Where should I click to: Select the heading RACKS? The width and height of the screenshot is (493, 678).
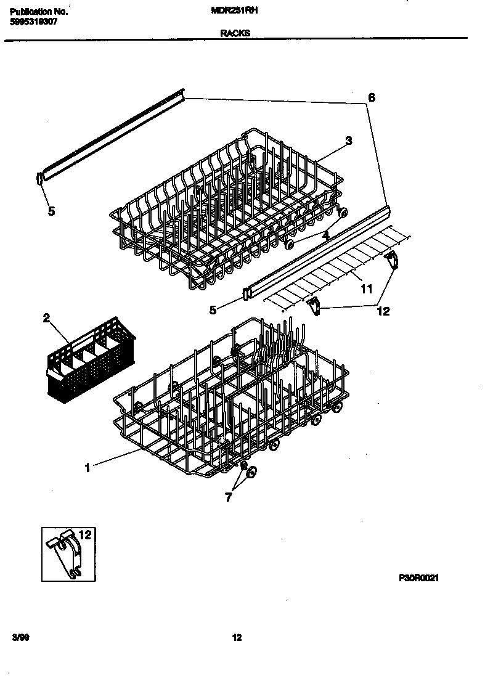pyautogui.click(x=235, y=34)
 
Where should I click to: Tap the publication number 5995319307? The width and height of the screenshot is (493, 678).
pyautogui.click(x=34, y=20)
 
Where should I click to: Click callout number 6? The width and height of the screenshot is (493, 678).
pyautogui.click(x=371, y=97)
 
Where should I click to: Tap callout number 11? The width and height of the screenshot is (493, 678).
pyautogui.click(x=367, y=288)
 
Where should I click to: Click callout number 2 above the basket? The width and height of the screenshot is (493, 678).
pyautogui.click(x=46, y=318)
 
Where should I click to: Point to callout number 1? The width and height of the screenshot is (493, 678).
pyautogui.click(x=88, y=468)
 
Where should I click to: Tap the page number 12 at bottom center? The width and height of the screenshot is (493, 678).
pyautogui.click(x=237, y=638)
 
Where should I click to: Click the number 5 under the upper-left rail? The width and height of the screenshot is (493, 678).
pyautogui.click(x=51, y=211)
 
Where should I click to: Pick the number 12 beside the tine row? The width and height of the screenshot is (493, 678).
pyautogui.click(x=383, y=311)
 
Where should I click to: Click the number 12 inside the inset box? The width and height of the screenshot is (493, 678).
pyautogui.click(x=85, y=534)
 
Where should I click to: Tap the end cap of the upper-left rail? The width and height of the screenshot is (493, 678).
pyautogui.click(x=40, y=178)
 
